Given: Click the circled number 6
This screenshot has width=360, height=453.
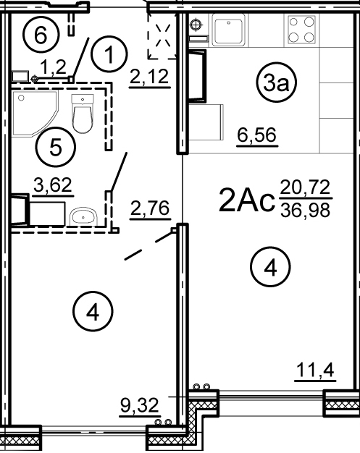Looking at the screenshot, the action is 41,35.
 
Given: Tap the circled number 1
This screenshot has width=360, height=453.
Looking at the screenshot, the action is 109,54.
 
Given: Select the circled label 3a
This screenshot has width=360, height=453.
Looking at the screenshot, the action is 277,83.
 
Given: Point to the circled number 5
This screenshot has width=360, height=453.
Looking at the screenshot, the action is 56,148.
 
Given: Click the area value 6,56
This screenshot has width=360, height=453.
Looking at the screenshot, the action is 256,135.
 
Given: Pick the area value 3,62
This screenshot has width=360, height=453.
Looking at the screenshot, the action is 53,185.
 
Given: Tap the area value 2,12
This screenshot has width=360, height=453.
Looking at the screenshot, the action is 149,77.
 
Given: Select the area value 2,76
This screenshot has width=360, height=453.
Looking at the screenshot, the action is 150,208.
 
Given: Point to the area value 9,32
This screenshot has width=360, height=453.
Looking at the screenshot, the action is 140,405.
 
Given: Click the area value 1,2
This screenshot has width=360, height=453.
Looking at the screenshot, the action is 54,67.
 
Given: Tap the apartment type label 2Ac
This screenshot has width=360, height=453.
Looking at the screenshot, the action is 246,199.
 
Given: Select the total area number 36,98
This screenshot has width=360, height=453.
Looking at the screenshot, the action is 306,211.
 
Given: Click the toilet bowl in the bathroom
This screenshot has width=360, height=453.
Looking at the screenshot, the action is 83,114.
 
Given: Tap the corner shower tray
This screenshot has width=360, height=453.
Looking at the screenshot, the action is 35,113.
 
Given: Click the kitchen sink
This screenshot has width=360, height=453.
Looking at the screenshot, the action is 228,30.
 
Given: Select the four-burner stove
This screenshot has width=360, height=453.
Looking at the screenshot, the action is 301,30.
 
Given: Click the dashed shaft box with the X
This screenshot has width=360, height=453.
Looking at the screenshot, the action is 162,36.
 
